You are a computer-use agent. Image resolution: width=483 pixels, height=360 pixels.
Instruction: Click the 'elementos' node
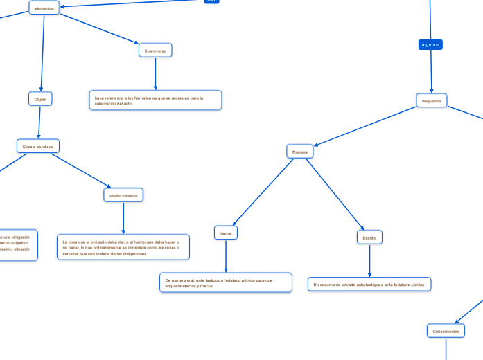coord(44,8)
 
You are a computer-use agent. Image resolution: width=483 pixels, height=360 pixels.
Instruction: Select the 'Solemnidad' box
coord(155,51)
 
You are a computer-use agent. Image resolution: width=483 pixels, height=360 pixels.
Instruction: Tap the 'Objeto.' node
coord(40,99)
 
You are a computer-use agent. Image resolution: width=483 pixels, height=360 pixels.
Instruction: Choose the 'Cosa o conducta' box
coord(38,146)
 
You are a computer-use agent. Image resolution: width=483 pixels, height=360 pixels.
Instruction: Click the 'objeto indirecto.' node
coord(123,196)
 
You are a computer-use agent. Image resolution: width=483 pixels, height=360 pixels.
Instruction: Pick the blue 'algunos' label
coord(430,44)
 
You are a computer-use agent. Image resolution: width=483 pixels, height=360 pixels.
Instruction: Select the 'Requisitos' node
coord(431,100)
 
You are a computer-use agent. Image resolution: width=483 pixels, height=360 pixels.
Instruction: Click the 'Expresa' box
coord(300,151)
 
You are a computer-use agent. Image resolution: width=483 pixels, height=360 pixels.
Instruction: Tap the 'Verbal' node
coord(226,233)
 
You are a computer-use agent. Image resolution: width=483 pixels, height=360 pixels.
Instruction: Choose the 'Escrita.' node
coord(369,237)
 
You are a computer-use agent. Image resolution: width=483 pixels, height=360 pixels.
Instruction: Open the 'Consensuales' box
coord(446,331)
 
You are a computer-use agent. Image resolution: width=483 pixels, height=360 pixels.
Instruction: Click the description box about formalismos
coord(155,100)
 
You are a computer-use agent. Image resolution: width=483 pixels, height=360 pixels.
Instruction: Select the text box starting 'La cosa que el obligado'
coord(123,247)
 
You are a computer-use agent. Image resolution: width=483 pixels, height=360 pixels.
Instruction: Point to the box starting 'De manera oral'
coord(226,282)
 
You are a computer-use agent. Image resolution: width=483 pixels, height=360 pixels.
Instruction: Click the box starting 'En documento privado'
coord(369,285)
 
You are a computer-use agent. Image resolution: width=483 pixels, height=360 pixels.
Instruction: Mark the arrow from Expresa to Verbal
coord(263,192)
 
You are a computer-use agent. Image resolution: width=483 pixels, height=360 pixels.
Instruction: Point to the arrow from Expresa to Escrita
coord(334,193)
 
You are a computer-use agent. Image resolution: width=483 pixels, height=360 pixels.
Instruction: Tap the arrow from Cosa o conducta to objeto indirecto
coord(80,170)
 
